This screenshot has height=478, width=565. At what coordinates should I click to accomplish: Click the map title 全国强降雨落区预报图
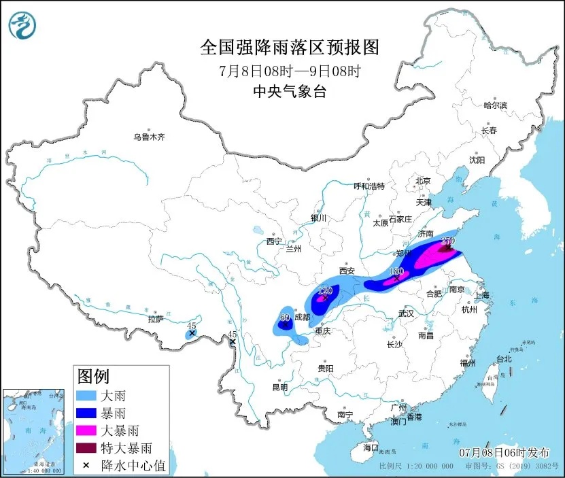[289, 47]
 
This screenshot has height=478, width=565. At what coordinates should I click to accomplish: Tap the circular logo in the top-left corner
[22, 26]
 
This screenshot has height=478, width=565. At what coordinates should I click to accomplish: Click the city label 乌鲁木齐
[149, 137]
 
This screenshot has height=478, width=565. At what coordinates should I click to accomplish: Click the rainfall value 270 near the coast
[447, 241]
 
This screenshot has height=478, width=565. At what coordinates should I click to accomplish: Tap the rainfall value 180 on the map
[396, 271]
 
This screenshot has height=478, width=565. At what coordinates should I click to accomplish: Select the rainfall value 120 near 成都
[325, 290]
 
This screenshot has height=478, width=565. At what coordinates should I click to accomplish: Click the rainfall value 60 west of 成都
[285, 318]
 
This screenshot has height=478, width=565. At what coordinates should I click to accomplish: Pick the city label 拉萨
[156, 318]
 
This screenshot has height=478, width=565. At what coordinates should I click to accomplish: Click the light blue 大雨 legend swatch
[87, 395]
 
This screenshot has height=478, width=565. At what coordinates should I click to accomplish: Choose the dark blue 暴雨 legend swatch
[87, 413]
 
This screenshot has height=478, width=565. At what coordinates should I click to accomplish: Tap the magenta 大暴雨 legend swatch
[87, 430]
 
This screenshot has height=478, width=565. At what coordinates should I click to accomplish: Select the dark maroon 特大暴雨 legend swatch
[87, 448]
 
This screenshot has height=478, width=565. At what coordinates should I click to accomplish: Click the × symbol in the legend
[87, 466]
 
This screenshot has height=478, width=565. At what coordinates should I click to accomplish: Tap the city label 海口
[370, 447]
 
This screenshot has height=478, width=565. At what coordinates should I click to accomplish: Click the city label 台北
[502, 358]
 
